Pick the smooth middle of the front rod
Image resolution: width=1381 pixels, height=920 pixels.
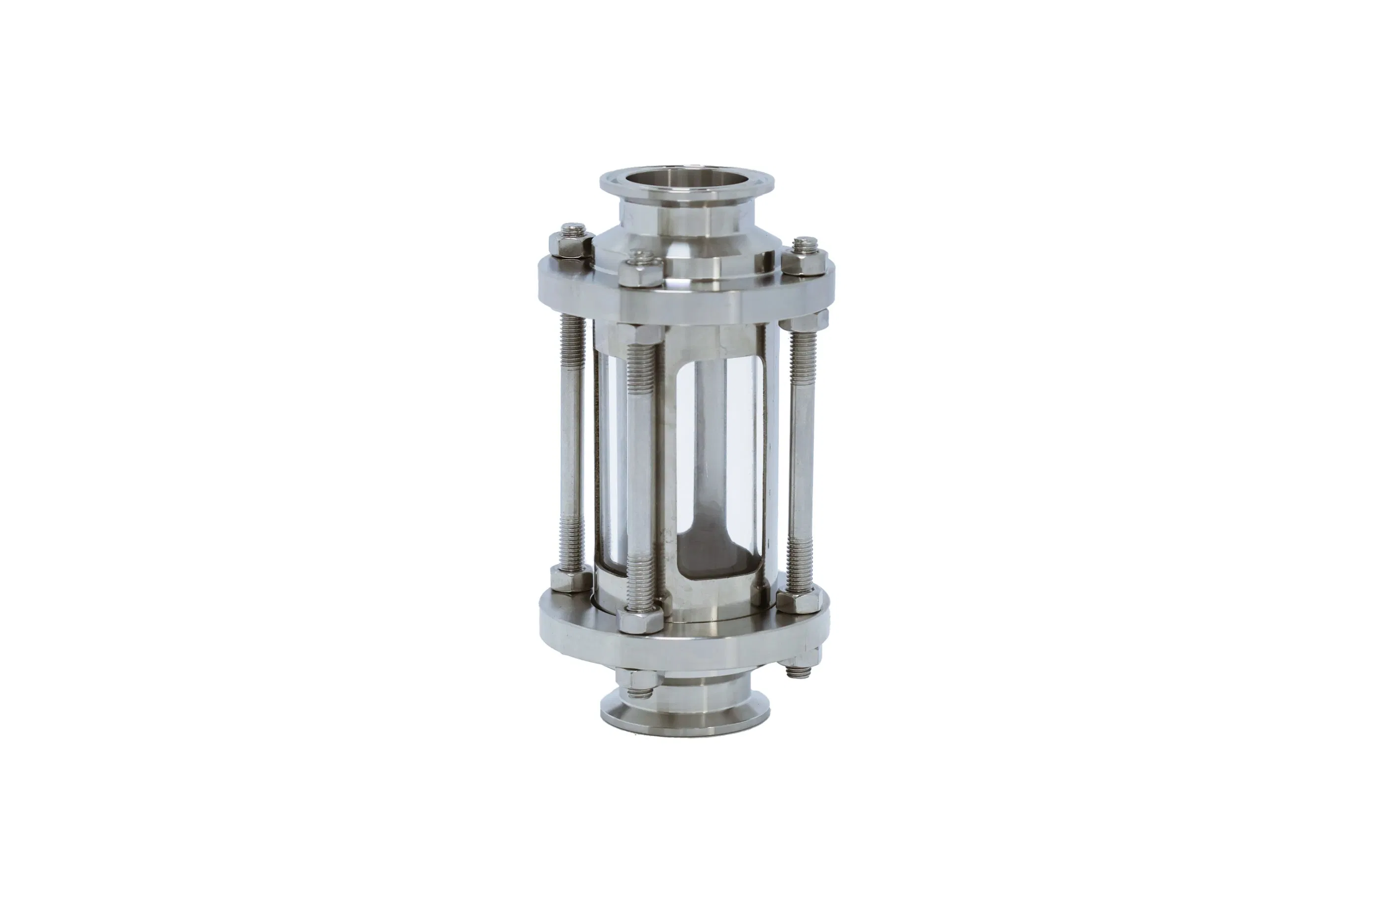tap(642, 469)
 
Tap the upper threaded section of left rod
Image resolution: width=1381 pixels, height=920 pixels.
tap(572, 346)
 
